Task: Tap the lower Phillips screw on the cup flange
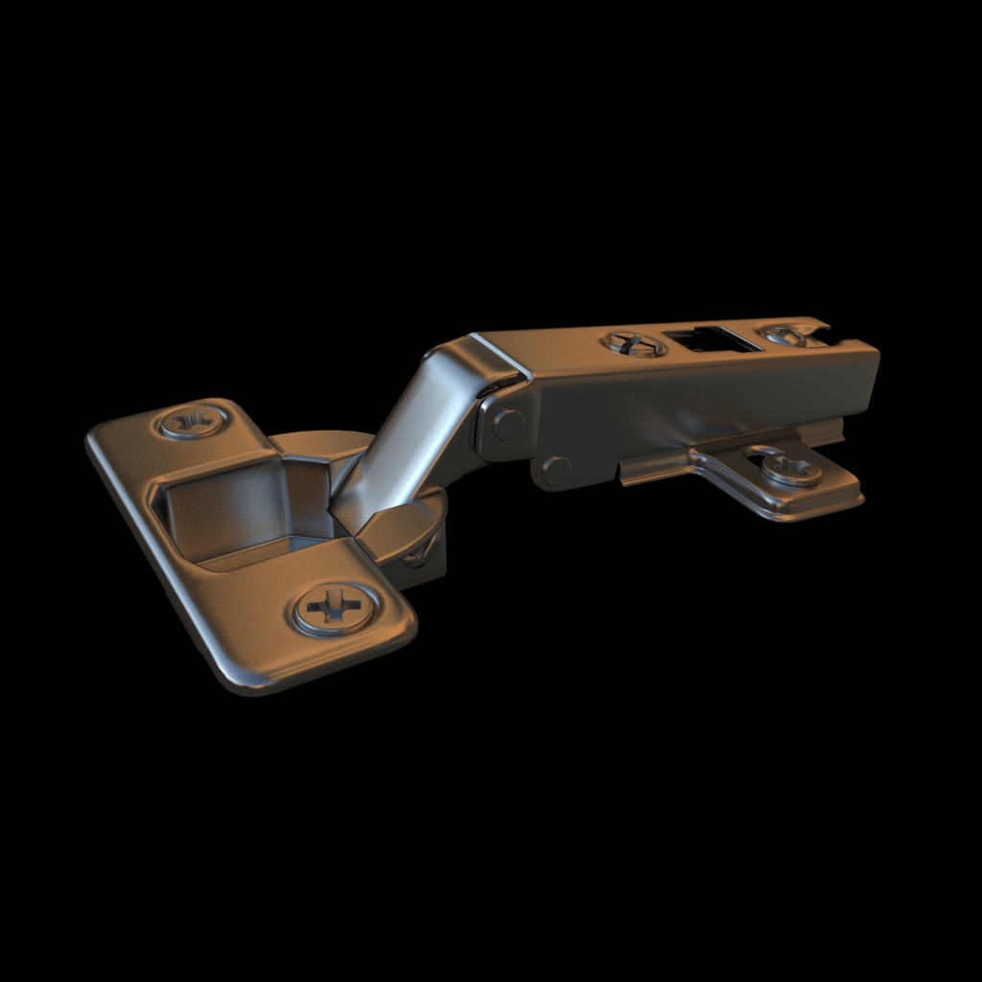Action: click(x=333, y=609)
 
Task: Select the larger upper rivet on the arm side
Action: click(x=507, y=424)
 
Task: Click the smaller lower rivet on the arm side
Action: click(x=555, y=470)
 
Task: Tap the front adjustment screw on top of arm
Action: click(x=634, y=343)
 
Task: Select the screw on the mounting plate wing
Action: click(x=792, y=470)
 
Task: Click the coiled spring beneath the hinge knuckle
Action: click(x=422, y=552)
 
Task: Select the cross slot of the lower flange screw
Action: click(x=333, y=608)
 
